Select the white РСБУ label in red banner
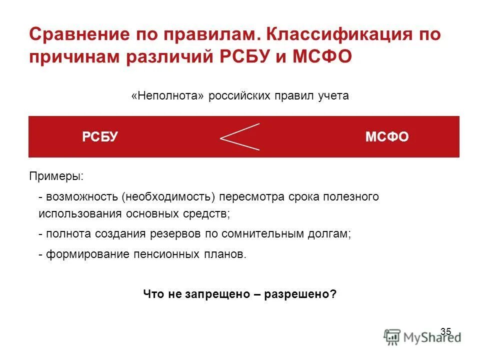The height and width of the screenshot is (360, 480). coord(100,137)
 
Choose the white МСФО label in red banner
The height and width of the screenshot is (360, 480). coord(387,137)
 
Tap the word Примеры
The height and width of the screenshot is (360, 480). coord(56,176)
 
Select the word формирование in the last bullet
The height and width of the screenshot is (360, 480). coord(88,254)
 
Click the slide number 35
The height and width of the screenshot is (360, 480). coord(446,331)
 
